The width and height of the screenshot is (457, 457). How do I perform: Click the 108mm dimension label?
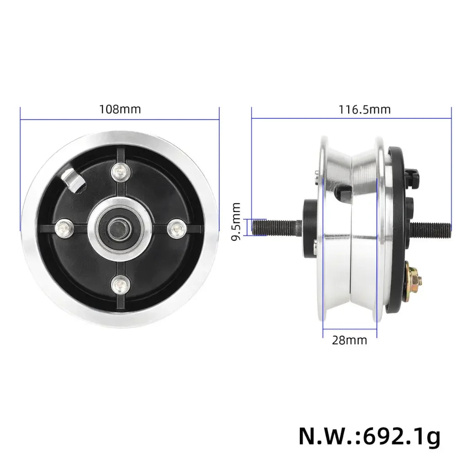[120, 110]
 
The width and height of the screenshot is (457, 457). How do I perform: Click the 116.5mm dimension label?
[364, 110]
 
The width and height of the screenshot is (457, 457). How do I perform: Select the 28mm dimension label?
[349, 340]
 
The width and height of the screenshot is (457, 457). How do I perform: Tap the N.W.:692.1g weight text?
[369, 437]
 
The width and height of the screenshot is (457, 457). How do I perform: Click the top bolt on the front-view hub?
[119, 171]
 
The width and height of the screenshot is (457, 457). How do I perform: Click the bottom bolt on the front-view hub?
[119, 284]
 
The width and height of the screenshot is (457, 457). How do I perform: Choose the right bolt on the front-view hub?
[175, 228]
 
